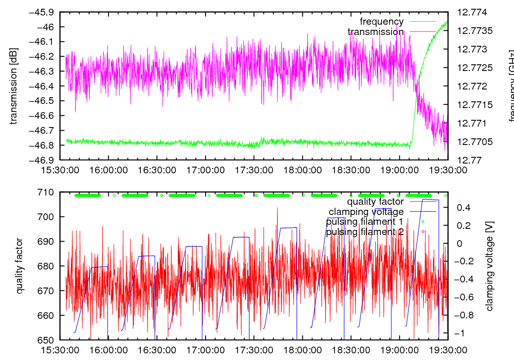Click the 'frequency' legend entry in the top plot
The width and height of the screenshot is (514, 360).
click(x=381, y=22)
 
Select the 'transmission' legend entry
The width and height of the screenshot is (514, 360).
click(x=375, y=32)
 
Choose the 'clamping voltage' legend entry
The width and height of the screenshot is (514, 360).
click(x=366, y=212)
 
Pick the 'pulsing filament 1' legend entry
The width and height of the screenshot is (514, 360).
click(x=364, y=222)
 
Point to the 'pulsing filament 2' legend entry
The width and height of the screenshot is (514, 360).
click(x=364, y=232)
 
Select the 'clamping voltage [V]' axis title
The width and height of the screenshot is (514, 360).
click(x=489, y=266)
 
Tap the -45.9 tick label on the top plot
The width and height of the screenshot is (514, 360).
click(x=44, y=12)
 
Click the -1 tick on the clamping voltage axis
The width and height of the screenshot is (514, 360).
click(x=465, y=333)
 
